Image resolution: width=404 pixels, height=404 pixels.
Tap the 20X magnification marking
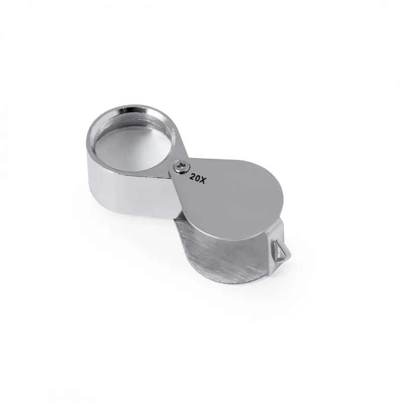(198, 178)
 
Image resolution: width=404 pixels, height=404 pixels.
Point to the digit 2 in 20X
(192, 176)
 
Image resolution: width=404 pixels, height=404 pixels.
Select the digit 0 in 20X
(197, 178)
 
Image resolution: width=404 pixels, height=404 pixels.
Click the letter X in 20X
(203, 180)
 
